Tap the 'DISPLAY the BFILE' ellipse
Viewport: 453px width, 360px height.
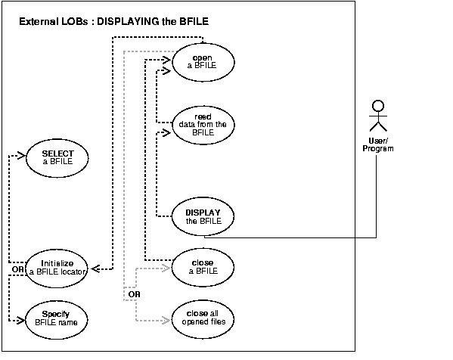click(x=202, y=216)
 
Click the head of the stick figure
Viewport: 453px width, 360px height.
click(x=379, y=106)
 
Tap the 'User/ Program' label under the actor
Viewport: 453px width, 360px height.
click(x=379, y=144)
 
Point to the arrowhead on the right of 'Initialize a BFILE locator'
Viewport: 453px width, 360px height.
click(x=96, y=267)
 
